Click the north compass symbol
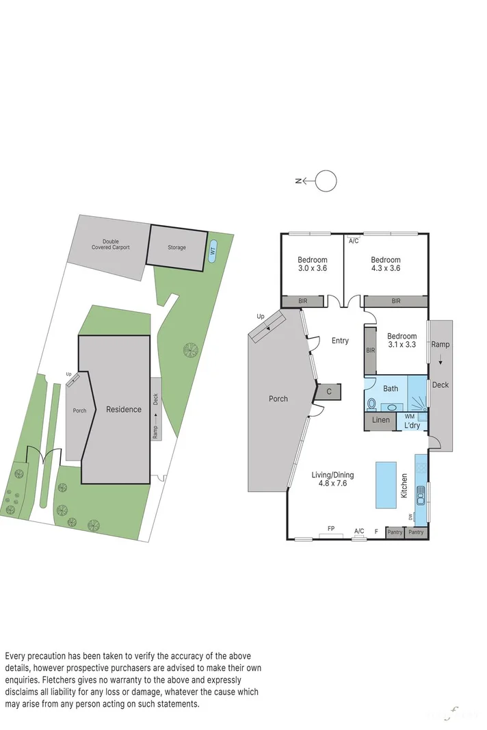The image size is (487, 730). (x=326, y=181)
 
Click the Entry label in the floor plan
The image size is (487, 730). (x=340, y=341)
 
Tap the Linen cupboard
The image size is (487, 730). (x=380, y=420)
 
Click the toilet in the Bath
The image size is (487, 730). (x=372, y=404)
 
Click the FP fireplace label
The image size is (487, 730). (x=331, y=529)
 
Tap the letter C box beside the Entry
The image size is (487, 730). (x=328, y=391)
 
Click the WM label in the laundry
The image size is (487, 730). (x=409, y=416)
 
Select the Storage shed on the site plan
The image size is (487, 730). (x=177, y=247)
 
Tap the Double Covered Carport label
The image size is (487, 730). (x=111, y=244)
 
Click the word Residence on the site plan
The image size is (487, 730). (x=124, y=409)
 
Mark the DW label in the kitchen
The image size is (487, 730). (x=411, y=517)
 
